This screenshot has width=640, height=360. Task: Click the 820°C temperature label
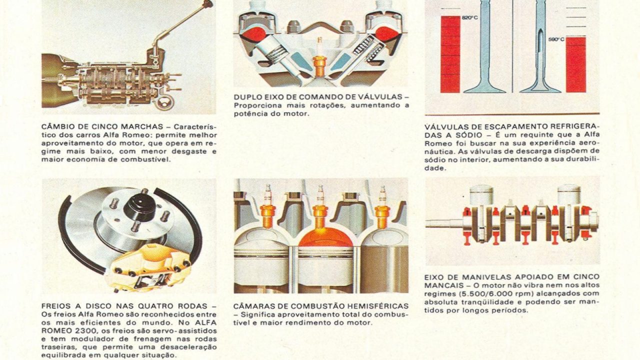pyautogui.click(x=469, y=17)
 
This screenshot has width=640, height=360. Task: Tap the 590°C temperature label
pyautogui.click(x=556, y=39)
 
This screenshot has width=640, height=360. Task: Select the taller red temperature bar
pyautogui.click(x=450, y=54)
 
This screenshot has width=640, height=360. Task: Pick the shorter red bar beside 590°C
pyautogui.click(x=575, y=64)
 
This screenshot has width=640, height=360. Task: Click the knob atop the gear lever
pyautogui.click(x=207, y=3)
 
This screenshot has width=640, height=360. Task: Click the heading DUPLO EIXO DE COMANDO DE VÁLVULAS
pyautogui.click(x=318, y=97)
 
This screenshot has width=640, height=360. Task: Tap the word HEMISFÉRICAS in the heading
pyautogui.click(x=379, y=306)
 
